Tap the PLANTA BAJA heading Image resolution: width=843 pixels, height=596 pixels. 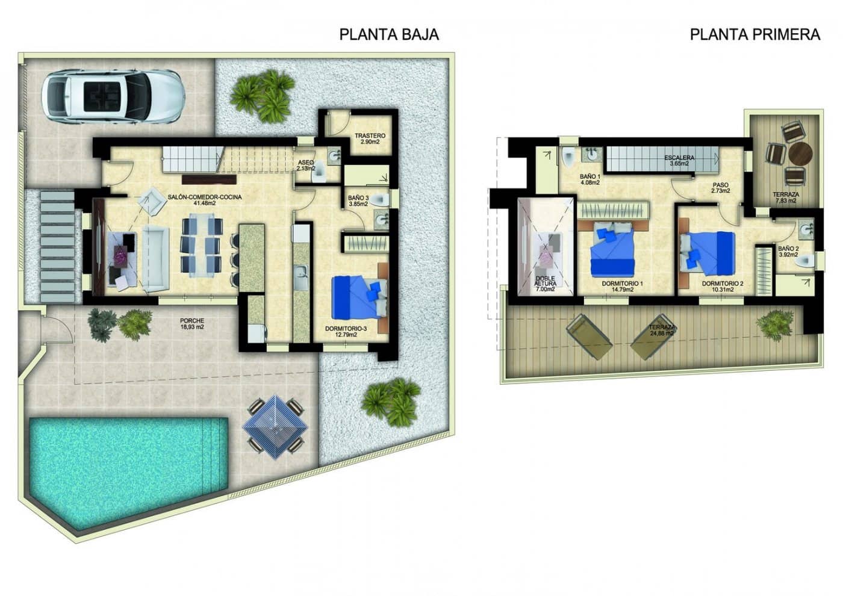(389, 34)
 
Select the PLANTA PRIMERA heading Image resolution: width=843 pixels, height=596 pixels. (754, 34)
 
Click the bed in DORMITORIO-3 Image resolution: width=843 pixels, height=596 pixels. (359, 296)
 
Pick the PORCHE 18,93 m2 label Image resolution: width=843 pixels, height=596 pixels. (192, 324)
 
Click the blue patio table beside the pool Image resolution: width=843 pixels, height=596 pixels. (275, 425)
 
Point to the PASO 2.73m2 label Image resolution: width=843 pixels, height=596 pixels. (720, 188)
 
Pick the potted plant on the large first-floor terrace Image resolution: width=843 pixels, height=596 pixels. (772, 325)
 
